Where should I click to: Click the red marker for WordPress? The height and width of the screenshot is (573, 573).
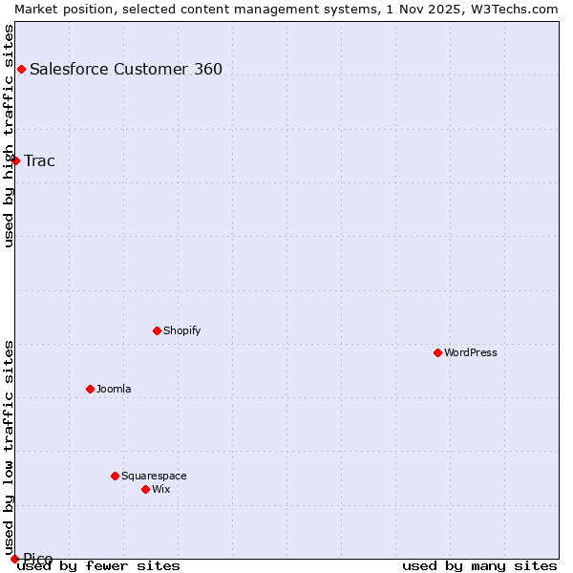click(437, 352)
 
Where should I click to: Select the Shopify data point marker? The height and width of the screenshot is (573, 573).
click(157, 330)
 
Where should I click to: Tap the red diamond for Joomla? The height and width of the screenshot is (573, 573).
click(90, 389)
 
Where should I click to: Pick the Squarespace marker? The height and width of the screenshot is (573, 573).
click(115, 476)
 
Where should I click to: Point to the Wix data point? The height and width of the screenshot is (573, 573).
click(145, 489)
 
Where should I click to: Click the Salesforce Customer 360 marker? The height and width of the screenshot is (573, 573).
click(21, 69)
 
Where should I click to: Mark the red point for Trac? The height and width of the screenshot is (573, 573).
click(15, 160)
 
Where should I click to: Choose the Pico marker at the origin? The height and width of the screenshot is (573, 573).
click(14, 559)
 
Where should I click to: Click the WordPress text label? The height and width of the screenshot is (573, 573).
click(470, 352)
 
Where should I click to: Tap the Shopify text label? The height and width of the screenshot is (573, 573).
click(181, 330)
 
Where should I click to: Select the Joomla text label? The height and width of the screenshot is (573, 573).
click(114, 389)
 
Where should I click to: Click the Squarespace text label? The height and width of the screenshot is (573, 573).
click(154, 476)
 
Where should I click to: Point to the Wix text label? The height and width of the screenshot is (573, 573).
click(160, 489)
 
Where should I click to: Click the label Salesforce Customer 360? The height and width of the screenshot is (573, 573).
click(126, 69)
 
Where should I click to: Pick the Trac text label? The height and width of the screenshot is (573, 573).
click(39, 160)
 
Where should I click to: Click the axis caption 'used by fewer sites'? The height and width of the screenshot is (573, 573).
click(98, 565)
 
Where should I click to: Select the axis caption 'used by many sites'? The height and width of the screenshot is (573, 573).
click(479, 565)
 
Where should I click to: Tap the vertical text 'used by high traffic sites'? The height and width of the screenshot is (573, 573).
click(9, 136)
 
